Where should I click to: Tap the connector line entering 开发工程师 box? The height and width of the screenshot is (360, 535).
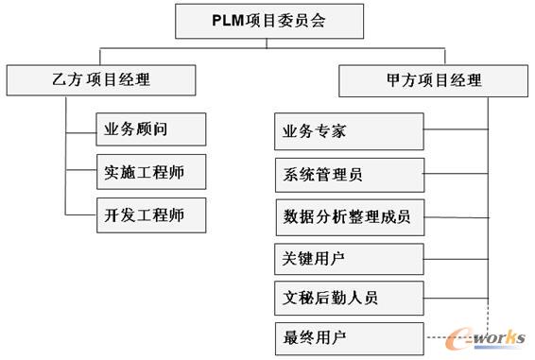[x=81, y=214]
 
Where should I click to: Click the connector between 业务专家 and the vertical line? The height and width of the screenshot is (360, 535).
[x=457, y=129]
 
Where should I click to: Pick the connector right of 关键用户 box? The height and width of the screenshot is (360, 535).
[x=457, y=258]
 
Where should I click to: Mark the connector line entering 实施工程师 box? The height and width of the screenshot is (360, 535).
[x=81, y=173]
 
